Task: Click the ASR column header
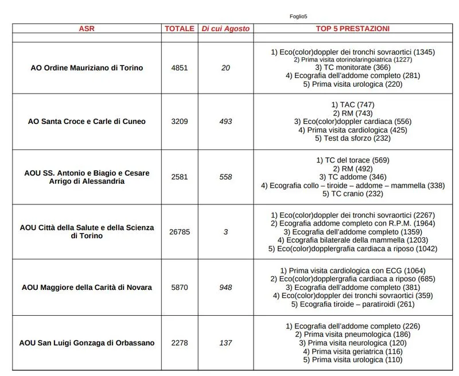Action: tap(87, 28)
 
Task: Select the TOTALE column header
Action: tap(180, 28)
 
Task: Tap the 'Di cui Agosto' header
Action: tap(225, 28)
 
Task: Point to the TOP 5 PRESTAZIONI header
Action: tap(353, 28)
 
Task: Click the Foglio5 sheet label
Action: tap(298, 17)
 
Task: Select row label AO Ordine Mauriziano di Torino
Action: tap(87, 68)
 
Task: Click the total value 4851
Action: tap(180, 68)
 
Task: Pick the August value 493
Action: tap(225, 122)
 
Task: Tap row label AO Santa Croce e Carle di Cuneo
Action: tap(87, 122)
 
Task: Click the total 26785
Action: tap(180, 232)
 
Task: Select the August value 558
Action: tap(225, 177)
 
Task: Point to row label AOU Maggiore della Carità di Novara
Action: tap(87, 287)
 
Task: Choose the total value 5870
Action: tap(180, 287)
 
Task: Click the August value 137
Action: tap(225, 343)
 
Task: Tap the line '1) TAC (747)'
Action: tap(353, 104)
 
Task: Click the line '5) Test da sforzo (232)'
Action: tap(353, 138)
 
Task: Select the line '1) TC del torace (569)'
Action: tap(353, 160)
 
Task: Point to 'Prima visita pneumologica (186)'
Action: tap(353, 334)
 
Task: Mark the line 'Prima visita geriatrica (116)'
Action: tap(353, 351)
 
